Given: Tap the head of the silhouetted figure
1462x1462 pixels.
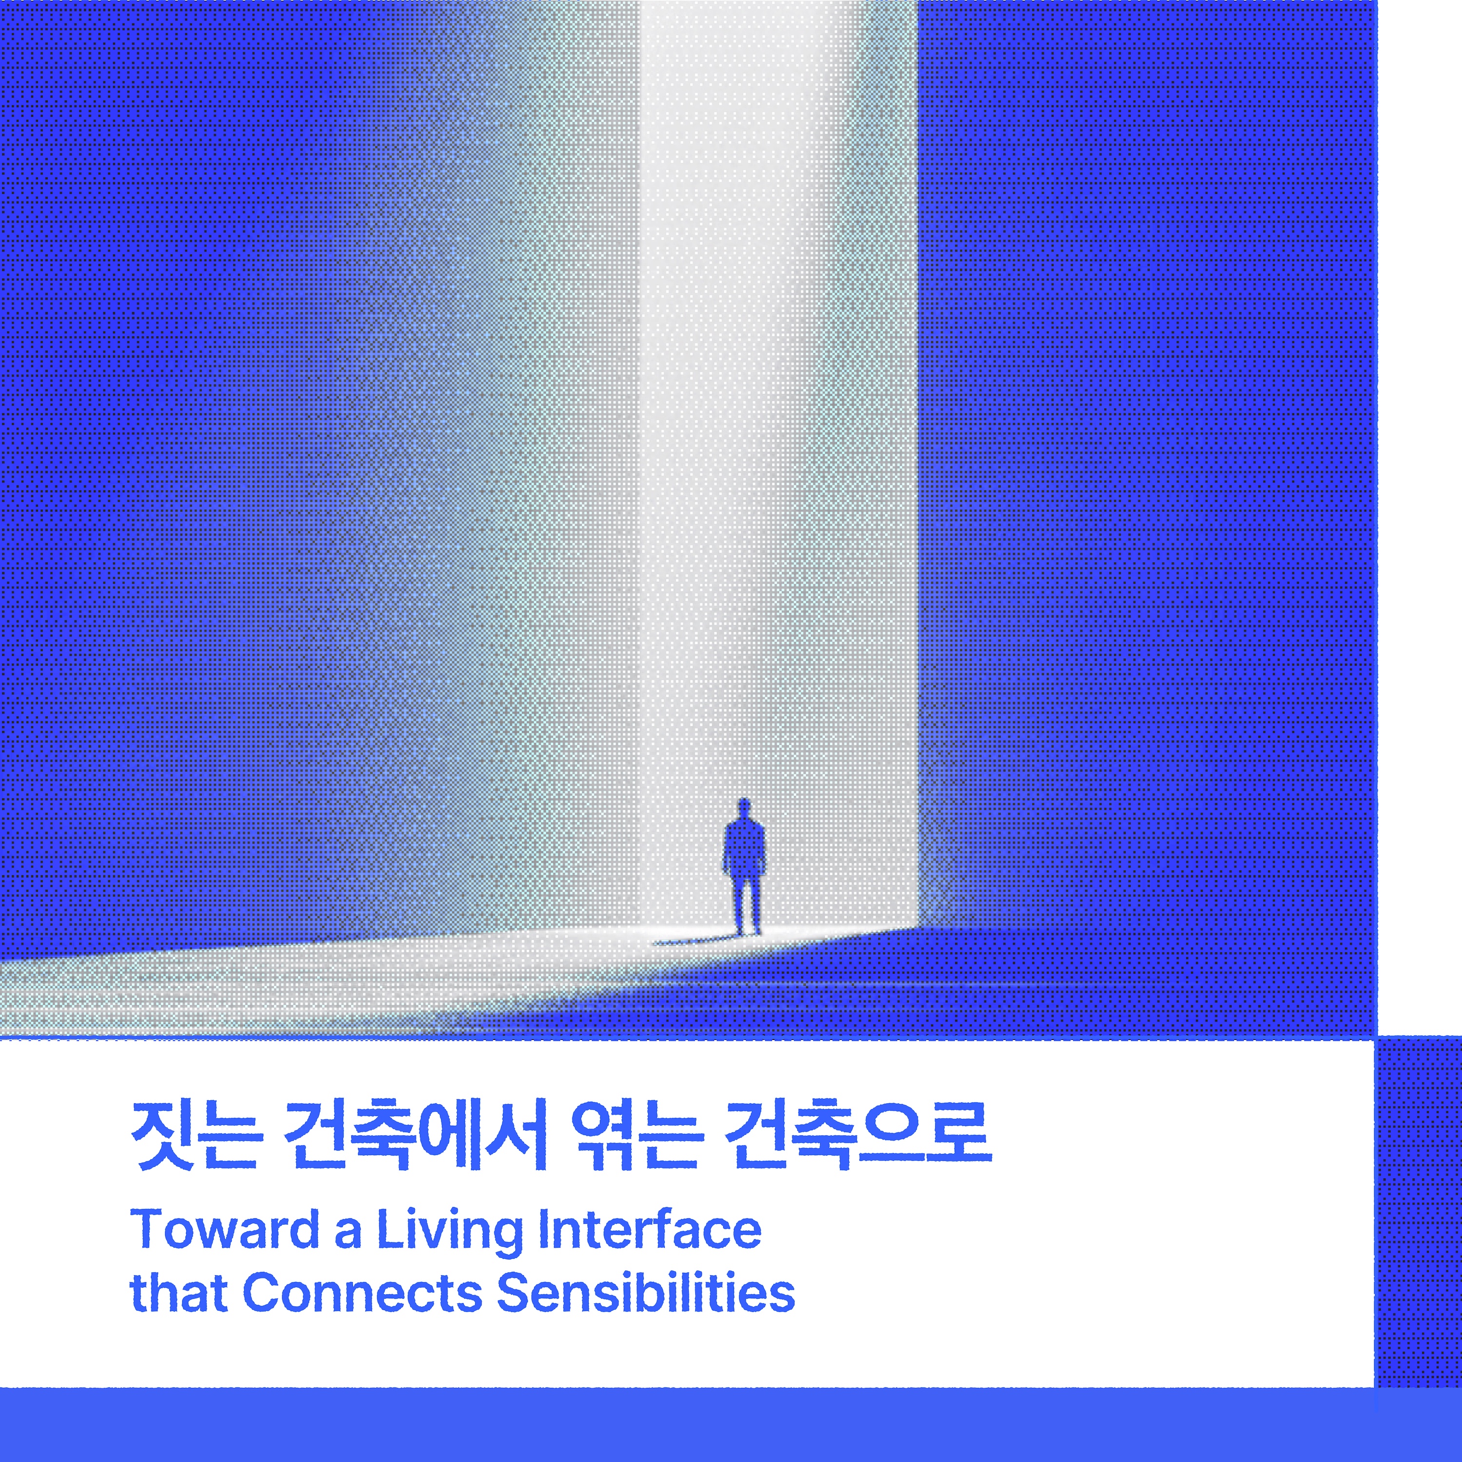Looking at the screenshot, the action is tap(744, 808).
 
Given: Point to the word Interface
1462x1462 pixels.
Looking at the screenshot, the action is tap(649, 1229).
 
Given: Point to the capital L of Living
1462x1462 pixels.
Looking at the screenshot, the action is tap(390, 1229).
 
